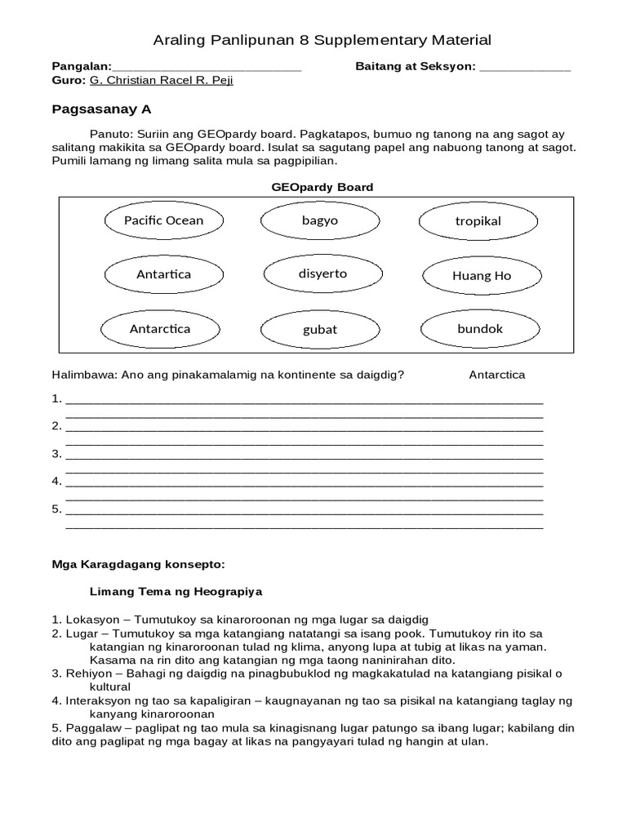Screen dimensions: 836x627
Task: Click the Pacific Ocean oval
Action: coord(163,220)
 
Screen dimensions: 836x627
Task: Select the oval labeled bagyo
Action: coord(319,220)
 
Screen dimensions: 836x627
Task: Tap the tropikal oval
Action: coord(478,221)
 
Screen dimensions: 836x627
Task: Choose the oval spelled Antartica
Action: coord(163,274)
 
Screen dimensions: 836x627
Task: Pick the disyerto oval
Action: coord(322,273)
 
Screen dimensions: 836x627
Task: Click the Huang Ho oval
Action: coord(481,275)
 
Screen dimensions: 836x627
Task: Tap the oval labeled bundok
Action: coord(480,328)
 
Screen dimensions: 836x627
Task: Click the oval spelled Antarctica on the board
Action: coord(159,329)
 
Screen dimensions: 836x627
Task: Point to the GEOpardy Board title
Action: coord(322,187)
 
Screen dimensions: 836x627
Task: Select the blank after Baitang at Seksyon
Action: coord(524,67)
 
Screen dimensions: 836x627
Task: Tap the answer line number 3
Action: coord(304,454)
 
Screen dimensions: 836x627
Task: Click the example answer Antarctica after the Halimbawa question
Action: coord(496,375)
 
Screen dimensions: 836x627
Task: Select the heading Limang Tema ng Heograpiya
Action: coord(176,590)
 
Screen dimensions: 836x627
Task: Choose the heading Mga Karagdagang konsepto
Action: coord(138,563)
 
